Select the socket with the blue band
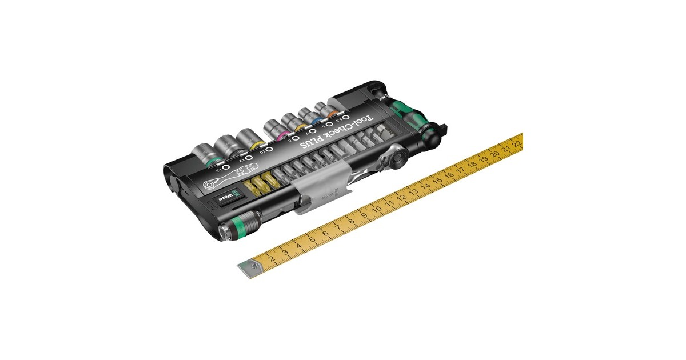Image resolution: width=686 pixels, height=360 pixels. [x=306, y=115]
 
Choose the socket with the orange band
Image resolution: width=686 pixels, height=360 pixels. [x=327, y=109]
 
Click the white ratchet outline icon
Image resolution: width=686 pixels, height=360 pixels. [x=218, y=183]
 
